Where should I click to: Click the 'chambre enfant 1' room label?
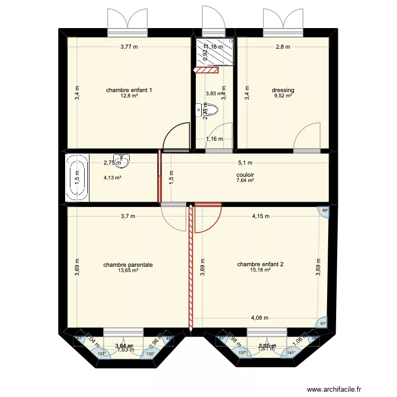click(129, 90)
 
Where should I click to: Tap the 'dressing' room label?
click(283, 90)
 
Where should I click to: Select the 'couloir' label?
click(245, 174)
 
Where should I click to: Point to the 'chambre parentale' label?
click(128, 264)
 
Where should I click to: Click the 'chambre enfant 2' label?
click(260, 264)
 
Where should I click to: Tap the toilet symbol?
click(207, 110)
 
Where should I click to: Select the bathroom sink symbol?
click(123, 158)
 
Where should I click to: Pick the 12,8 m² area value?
click(129, 96)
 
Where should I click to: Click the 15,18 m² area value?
click(260, 270)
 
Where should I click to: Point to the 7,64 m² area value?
click(245, 180)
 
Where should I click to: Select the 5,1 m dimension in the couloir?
click(245, 163)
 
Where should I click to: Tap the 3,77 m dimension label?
click(129, 47)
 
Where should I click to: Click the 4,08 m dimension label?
click(260, 318)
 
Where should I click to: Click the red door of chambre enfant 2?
click(207, 218)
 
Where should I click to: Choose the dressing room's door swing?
click(307, 136)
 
